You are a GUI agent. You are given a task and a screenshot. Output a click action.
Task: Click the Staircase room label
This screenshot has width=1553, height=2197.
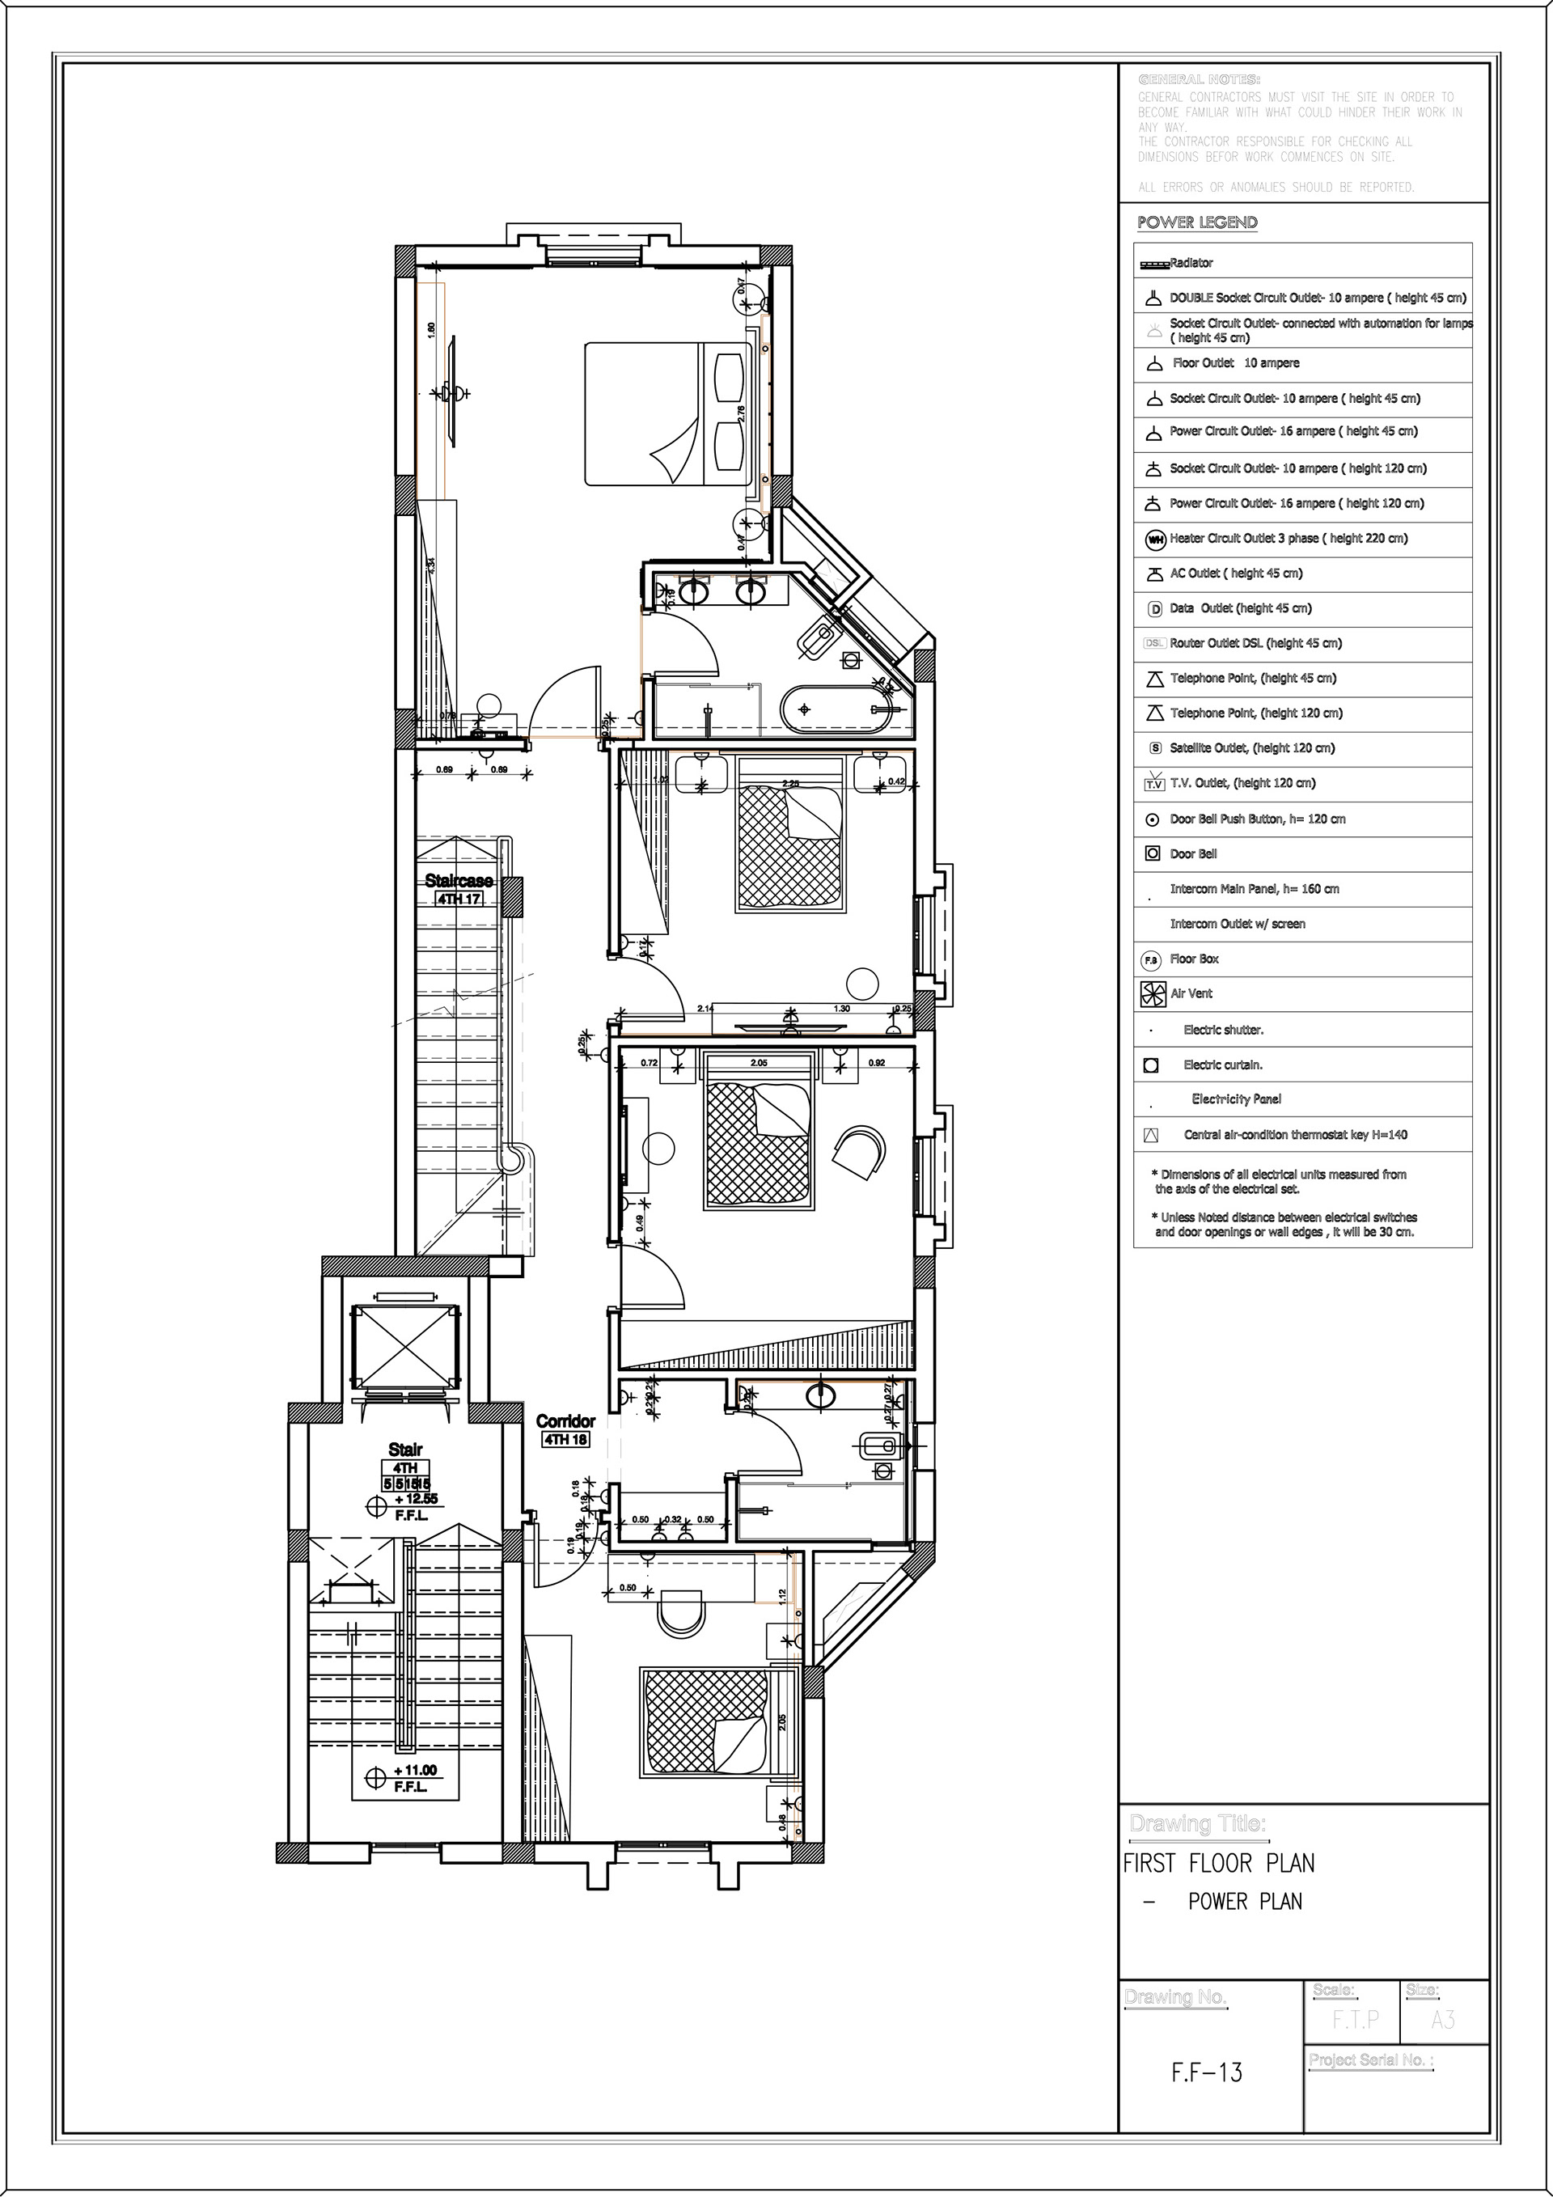(x=459, y=880)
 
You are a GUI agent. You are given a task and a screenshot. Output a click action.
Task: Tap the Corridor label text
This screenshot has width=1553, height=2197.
(x=565, y=1421)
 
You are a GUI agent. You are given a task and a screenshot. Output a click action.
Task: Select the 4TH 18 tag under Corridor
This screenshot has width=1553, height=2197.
(x=565, y=1438)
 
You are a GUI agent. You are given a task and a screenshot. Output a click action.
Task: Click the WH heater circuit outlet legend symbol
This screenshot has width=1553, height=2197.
(x=1155, y=540)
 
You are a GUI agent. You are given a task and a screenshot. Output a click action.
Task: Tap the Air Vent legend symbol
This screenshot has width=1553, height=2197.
(x=1151, y=994)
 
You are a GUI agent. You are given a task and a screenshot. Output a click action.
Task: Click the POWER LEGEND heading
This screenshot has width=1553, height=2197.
(x=1197, y=222)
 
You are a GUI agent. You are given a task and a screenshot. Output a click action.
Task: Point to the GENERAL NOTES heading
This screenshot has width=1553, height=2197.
(x=1198, y=79)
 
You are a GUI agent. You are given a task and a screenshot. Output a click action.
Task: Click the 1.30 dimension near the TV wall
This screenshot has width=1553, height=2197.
(x=841, y=1009)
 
